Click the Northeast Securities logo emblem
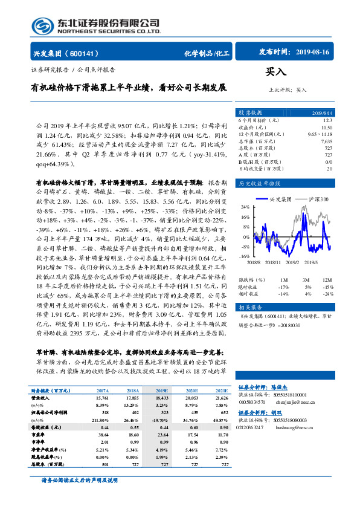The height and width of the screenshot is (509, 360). (44, 25)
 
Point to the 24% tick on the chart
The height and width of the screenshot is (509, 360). (245, 206)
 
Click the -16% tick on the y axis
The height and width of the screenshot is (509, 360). (245, 256)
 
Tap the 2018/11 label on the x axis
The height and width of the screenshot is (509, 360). (273, 263)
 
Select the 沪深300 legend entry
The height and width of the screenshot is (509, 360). (320, 198)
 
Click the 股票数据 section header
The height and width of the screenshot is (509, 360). (251, 112)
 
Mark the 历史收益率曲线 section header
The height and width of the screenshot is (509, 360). (260, 183)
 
